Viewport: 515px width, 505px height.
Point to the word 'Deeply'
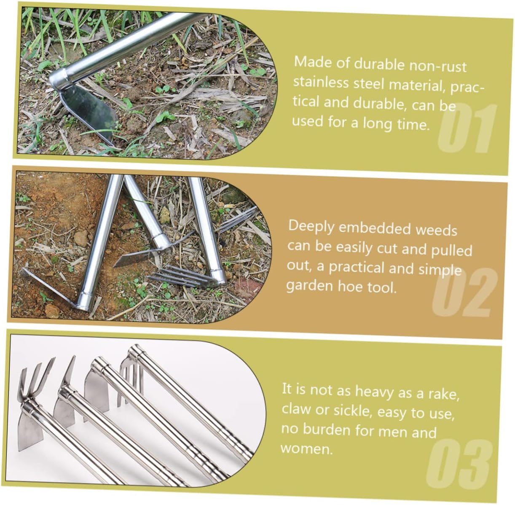pyautogui.click(x=311, y=227)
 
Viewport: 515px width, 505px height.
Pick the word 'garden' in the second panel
pyautogui.click(x=309, y=286)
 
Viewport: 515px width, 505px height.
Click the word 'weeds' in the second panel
pyautogui.click(x=436, y=230)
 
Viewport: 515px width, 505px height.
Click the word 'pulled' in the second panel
pyautogui.click(x=451, y=250)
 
